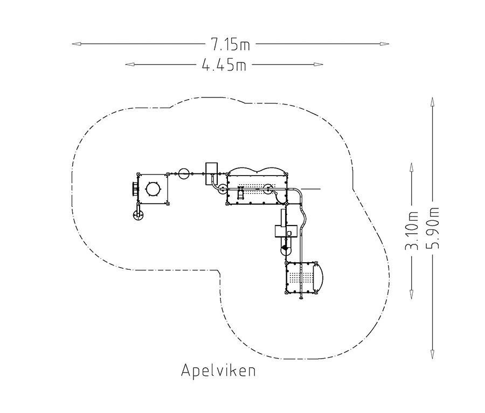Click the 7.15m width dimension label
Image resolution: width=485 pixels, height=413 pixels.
tap(231, 44)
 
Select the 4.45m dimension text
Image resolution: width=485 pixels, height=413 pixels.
tap(224, 65)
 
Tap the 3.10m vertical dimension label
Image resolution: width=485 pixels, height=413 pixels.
tap(412, 230)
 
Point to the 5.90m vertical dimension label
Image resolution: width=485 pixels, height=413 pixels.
tap(432, 228)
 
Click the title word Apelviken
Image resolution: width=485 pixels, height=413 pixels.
tap(218, 370)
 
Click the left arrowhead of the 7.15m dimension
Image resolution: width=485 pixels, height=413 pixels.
tap(77, 44)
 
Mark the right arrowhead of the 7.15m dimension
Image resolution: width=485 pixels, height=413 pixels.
tap(384, 44)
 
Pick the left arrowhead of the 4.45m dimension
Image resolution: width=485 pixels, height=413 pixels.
tap(129, 64)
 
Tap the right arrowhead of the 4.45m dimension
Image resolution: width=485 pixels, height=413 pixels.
tap(318, 64)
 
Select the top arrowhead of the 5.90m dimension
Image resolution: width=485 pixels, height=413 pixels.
tap(432, 102)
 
